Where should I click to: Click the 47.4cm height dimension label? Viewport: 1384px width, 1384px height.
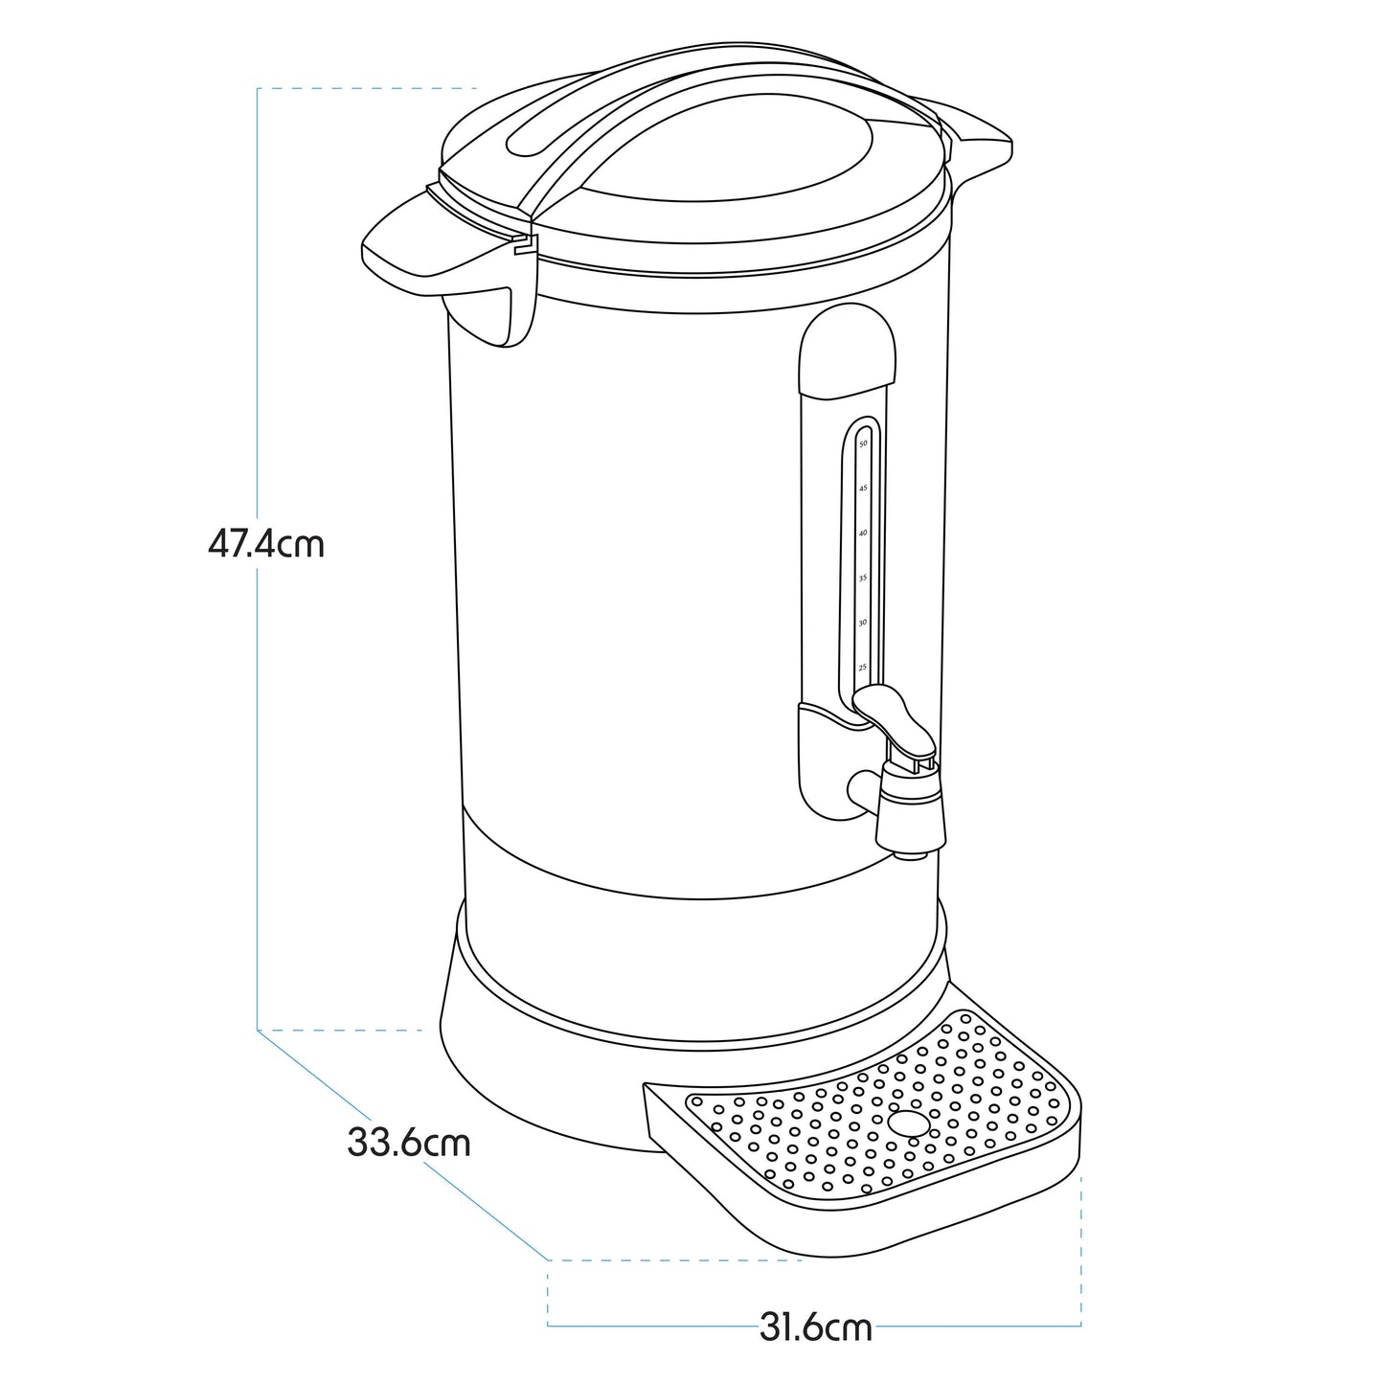click(266, 544)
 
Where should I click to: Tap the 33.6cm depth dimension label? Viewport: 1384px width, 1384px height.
click(409, 1143)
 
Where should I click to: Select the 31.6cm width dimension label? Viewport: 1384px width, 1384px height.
click(816, 1328)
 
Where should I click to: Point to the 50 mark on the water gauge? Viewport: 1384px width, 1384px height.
click(863, 444)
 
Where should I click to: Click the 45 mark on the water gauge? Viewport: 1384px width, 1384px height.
click(863, 488)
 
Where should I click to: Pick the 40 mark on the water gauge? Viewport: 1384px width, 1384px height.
click(863, 533)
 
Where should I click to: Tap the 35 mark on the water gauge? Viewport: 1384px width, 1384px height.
click(863, 578)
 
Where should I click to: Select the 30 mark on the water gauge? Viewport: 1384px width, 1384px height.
click(863, 623)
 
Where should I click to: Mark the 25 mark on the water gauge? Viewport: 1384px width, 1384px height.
click(863, 667)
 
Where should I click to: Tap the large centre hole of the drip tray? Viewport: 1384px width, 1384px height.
click(909, 1122)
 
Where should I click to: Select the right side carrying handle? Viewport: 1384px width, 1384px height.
click(977, 144)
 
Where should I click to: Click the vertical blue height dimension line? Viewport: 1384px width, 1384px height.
click(258, 766)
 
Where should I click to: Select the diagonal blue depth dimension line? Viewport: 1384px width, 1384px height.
click(402, 1145)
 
